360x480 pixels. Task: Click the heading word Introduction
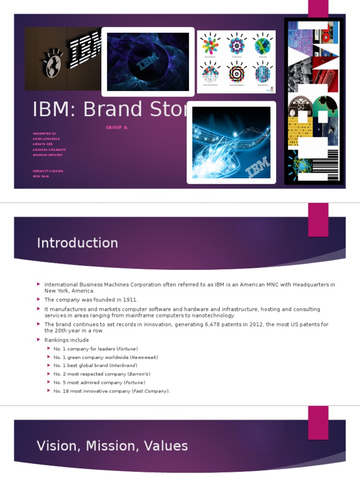77,243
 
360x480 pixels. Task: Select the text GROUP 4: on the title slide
117,127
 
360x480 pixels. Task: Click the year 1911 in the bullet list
130,300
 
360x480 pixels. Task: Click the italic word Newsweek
143,357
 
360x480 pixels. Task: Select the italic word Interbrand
124,366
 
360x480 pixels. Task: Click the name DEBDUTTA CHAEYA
48,171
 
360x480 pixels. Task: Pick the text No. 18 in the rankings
61,391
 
